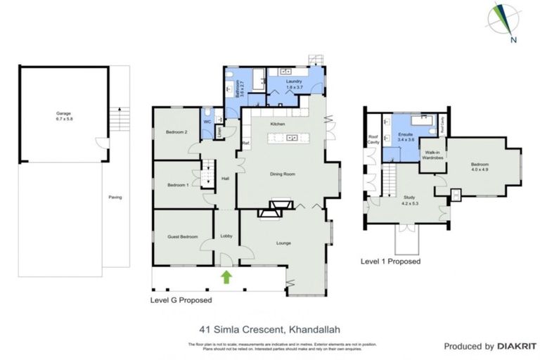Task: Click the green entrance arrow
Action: tap(226, 276)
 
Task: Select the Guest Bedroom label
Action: tap(181, 237)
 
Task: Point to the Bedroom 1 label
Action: tap(176, 185)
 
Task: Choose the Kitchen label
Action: tap(277, 124)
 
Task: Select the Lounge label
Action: tap(283, 243)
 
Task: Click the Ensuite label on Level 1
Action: tap(405, 133)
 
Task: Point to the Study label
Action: tap(409, 198)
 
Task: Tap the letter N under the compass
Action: tap(514, 39)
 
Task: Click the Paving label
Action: tap(115, 197)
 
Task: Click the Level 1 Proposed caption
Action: tap(390, 261)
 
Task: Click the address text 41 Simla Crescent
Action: tap(238, 327)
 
